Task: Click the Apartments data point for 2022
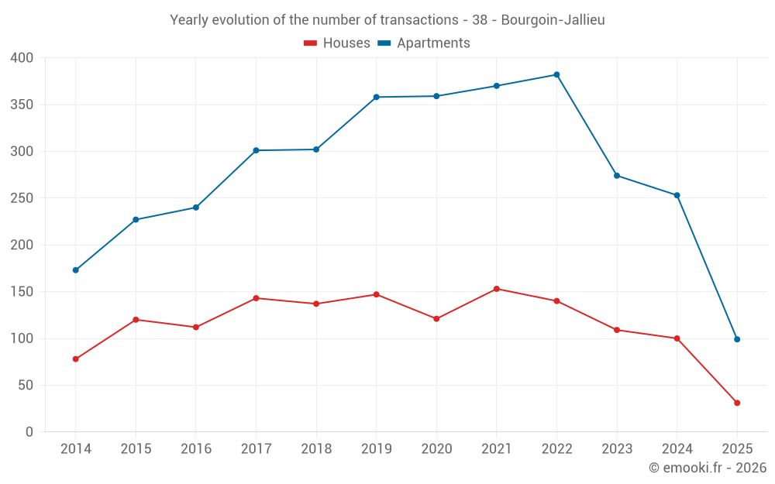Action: point(556,74)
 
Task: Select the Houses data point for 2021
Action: point(496,289)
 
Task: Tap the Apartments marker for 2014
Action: point(75,270)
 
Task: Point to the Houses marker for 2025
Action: point(737,403)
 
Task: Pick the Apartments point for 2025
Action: point(737,339)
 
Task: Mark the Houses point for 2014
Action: point(75,359)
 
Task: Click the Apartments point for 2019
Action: point(376,97)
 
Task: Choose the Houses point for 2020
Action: point(436,318)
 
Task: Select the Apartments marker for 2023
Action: point(617,176)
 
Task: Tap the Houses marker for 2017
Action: point(256,298)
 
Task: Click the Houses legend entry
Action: point(337,43)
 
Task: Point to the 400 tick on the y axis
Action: point(22,58)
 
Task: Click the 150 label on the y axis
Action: point(22,292)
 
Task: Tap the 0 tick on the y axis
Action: point(29,432)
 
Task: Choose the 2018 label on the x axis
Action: point(316,449)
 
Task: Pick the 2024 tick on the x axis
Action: point(677,449)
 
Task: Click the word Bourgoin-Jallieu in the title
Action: point(553,20)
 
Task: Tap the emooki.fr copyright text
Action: point(707,468)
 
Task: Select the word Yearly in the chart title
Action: point(189,20)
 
